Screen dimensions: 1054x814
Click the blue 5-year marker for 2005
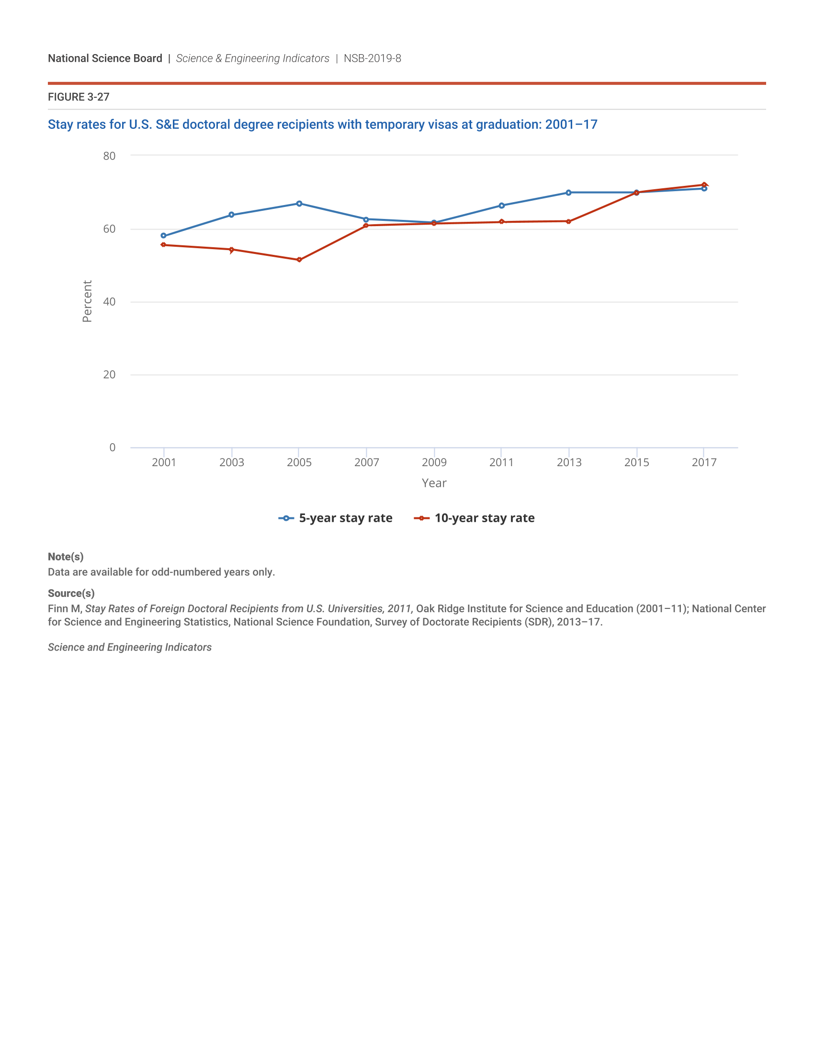click(x=299, y=204)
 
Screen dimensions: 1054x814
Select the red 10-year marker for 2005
click(x=299, y=260)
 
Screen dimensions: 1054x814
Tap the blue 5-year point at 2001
click(x=163, y=236)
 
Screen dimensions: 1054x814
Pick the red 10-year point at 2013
click(x=568, y=221)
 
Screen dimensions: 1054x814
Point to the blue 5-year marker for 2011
click(x=501, y=206)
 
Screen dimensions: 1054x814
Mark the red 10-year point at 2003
click(x=231, y=250)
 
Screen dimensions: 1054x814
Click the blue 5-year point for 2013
click(x=568, y=193)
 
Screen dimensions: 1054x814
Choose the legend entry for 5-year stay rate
click(x=336, y=518)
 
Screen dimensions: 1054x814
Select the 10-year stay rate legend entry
click(x=475, y=518)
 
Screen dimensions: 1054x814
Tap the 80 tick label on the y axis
click(x=110, y=156)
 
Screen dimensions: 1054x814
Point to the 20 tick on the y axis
click(x=110, y=375)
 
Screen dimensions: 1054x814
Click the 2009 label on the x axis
click(x=434, y=462)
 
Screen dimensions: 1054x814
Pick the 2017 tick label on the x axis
click(x=704, y=462)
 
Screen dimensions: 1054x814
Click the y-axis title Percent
click(x=87, y=301)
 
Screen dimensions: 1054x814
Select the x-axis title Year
click(x=434, y=483)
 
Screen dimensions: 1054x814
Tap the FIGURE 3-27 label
click(x=79, y=97)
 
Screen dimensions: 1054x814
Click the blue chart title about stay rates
click(x=322, y=125)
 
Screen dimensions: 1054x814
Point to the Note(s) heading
click(x=66, y=557)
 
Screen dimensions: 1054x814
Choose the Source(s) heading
click(x=71, y=594)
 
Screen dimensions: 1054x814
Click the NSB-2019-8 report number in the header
click(x=372, y=58)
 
